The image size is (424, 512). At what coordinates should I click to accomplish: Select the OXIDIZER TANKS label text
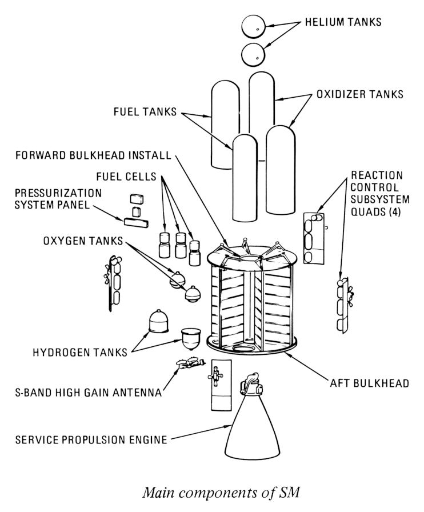[x=360, y=94]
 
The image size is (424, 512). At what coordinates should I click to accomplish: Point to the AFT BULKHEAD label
[x=372, y=383]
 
